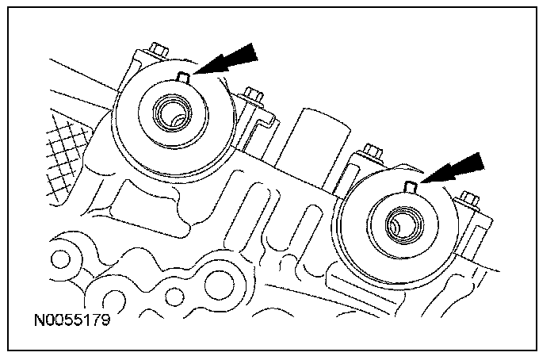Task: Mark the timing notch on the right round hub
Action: point(410,186)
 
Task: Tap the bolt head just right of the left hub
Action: point(254,96)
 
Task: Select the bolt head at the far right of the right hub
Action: point(467,197)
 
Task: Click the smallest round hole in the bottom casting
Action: point(173,300)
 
